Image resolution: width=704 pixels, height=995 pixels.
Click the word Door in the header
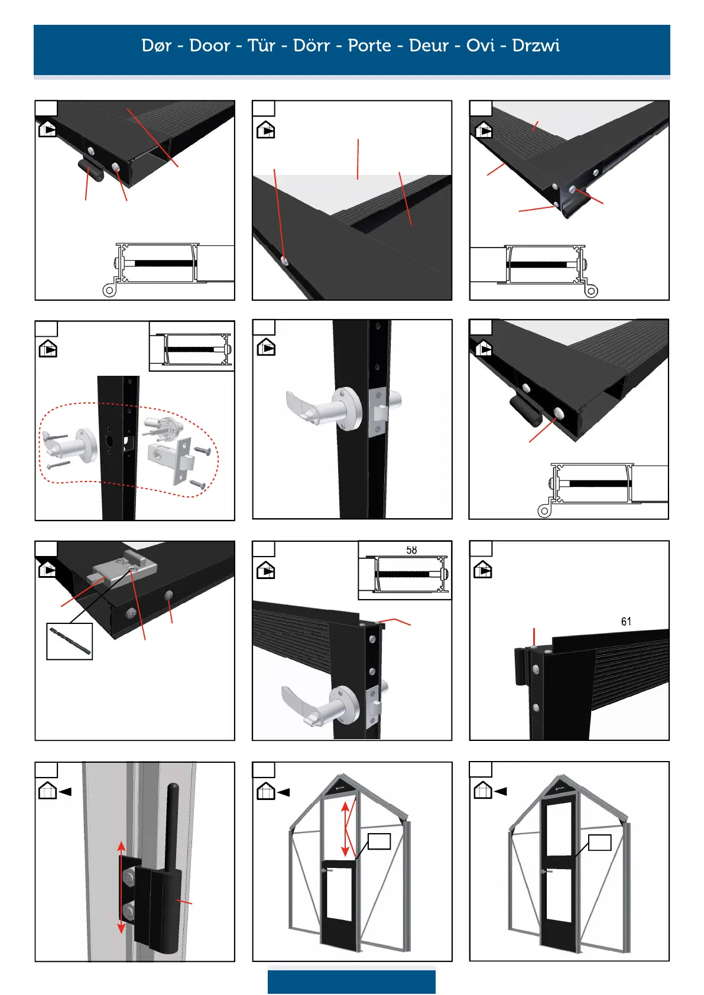click(x=209, y=45)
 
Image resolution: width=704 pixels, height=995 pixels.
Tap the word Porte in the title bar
click(x=369, y=45)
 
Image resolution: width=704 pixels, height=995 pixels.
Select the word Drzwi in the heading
click(x=536, y=45)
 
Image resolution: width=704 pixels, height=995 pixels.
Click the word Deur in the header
click(x=429, y=45)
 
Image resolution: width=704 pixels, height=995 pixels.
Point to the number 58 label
click(x=411, y=550)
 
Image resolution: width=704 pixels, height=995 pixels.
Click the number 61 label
click(x=626, y=622)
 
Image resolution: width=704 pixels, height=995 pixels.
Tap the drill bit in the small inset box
click(x=70, y=641)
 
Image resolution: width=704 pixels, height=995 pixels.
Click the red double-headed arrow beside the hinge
click(x=121, y=887)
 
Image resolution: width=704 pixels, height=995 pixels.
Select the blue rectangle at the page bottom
click(x=351, y=981)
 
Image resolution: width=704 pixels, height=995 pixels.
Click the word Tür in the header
click(x=261, y=45)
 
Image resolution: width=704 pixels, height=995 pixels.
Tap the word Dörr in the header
click(x=311, y=45)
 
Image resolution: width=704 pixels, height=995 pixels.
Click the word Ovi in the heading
click(x=480, y=45)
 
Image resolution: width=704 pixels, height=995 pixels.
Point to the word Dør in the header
click(x=157, y=45)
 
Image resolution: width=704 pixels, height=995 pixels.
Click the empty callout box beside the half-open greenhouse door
click(x=379, y=841)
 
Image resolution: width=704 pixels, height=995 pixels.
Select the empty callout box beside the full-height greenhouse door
click(x=599, y=843)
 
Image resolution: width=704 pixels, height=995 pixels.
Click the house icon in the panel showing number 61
click(x=483, y=570)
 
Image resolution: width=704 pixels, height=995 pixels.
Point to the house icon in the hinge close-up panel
click(x=47, y=791)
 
